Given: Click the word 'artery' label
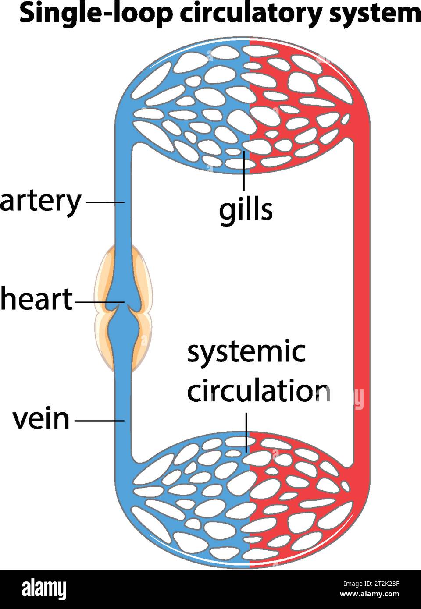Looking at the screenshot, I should point(41,202).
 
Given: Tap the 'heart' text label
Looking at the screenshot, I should point(37,299).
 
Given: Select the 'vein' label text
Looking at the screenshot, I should point(41,419).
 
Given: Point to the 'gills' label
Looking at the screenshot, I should point(246,209).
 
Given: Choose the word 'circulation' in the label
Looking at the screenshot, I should point(258,391).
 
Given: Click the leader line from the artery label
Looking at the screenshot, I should point(105,202).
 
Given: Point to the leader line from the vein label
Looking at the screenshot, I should point(100,421).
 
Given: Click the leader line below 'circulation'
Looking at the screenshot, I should point(246,432).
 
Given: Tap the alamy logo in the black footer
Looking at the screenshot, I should point(44,589).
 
